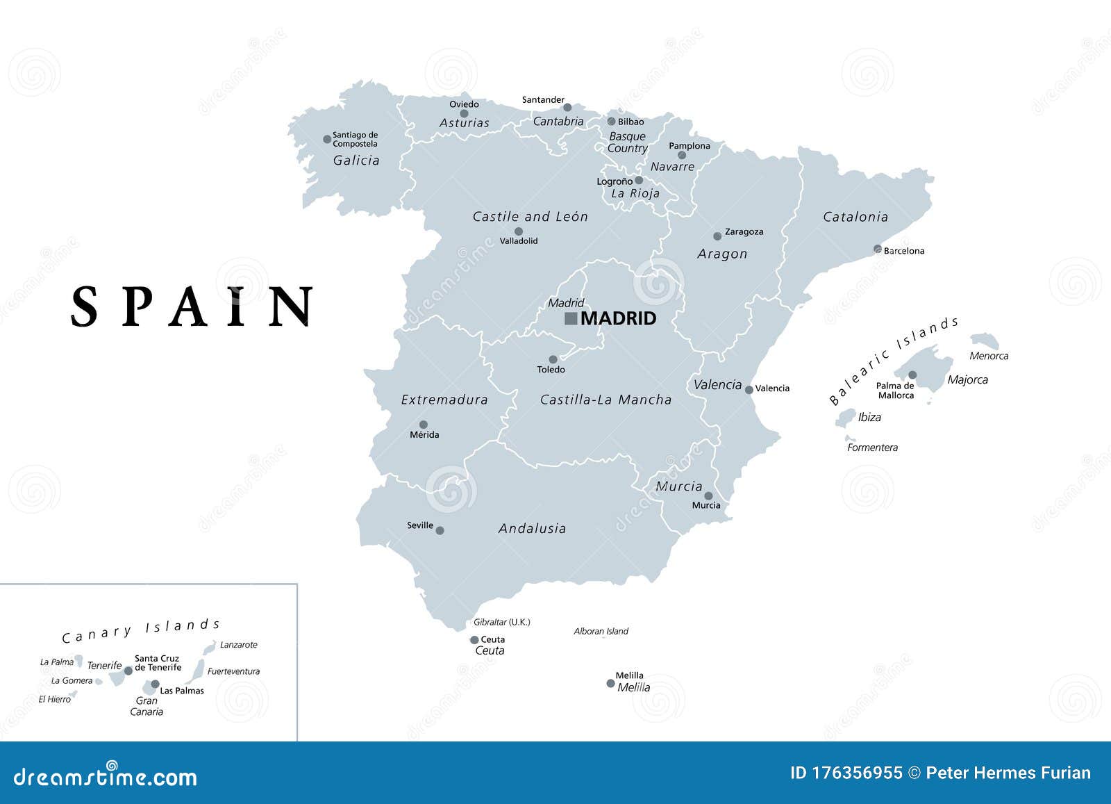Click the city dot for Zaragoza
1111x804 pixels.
tap(717, 236)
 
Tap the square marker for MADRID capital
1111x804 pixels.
tap(571, 318)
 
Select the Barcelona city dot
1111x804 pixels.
tap(878, 249)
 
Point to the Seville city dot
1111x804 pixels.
tap(440, 530)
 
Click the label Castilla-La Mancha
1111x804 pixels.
tap(605, 400)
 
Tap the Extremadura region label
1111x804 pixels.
tap(444, 400)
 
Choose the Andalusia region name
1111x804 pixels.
tap(532, 528)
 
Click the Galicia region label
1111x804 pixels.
tap(356, 161)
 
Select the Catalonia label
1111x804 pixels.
tap(855, 217)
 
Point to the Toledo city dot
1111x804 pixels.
tap(553, 359)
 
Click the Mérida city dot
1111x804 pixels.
tap(423, 425)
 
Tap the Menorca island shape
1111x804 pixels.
tap(985, 341)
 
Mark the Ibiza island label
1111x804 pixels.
tap(869, 417)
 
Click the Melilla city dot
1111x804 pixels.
tap(610, 684)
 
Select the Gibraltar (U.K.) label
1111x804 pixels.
tap(501, 622)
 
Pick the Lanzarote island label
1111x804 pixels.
tap(238, 645)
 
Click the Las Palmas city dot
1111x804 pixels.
tap(156, 684)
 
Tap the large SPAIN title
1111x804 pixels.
tap(192, 306)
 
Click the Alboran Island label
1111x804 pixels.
tap(601, 631)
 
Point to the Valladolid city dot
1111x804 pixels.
tap(518, 231)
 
